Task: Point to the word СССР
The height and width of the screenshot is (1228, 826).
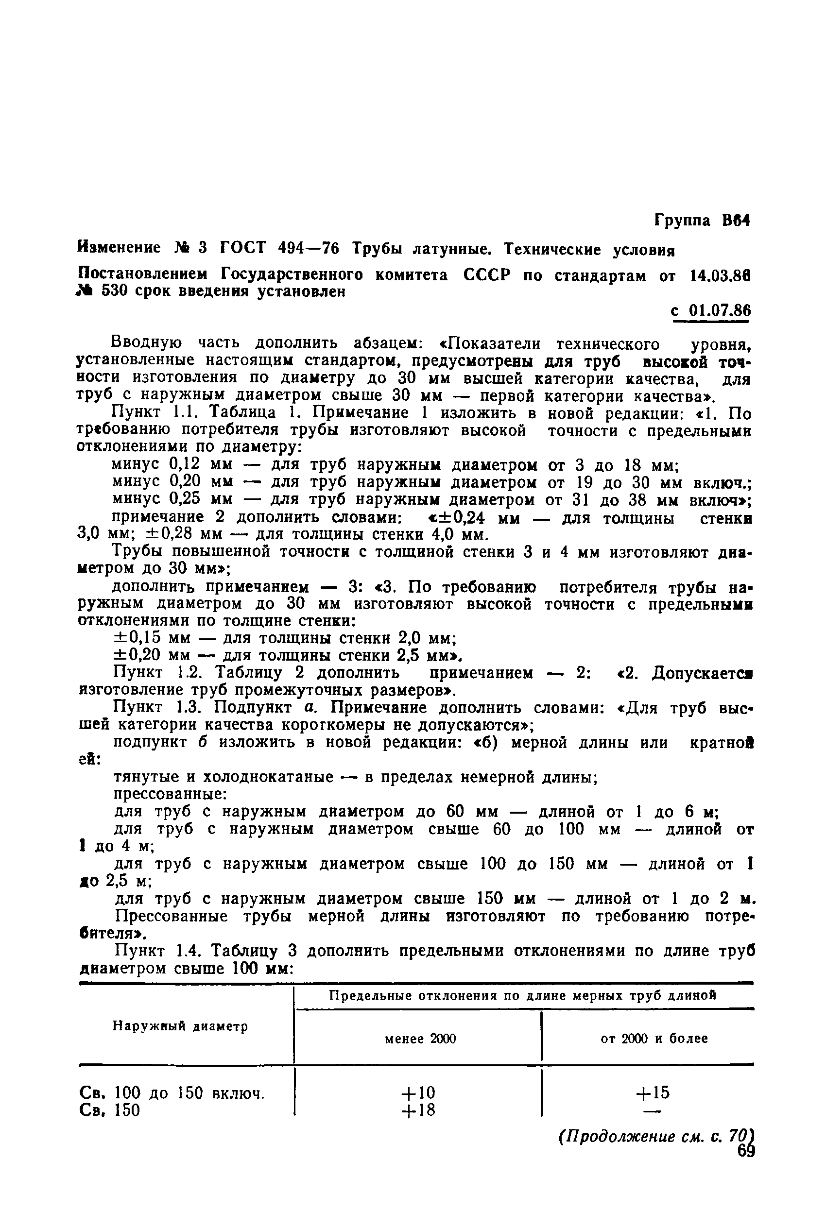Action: (487, 275)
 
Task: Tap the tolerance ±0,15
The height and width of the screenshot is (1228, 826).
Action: (137, 638)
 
